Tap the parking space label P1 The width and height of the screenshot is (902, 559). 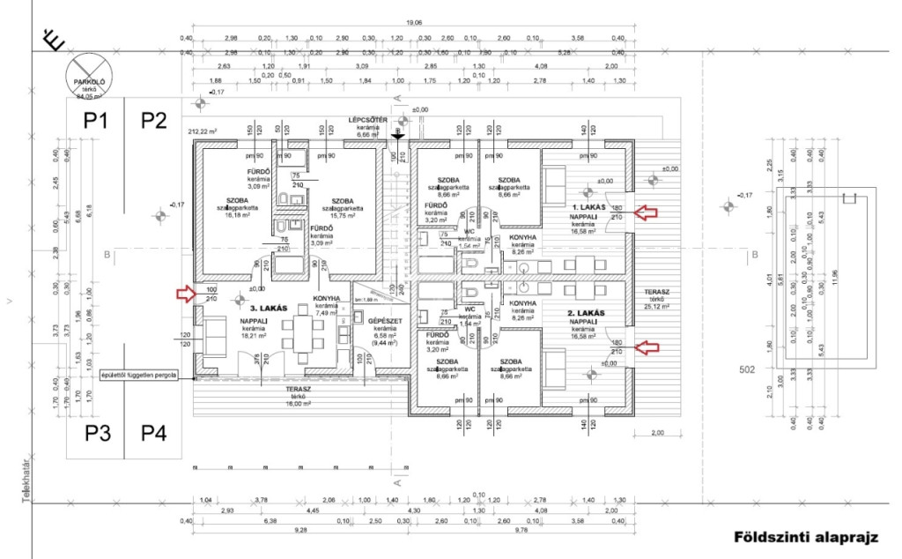(x=95, y=121)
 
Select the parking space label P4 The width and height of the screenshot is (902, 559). (x=154, y=433)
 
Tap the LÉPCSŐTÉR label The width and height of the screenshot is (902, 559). (x=368, y=119)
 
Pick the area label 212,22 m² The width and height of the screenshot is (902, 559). (x=202, y=131)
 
